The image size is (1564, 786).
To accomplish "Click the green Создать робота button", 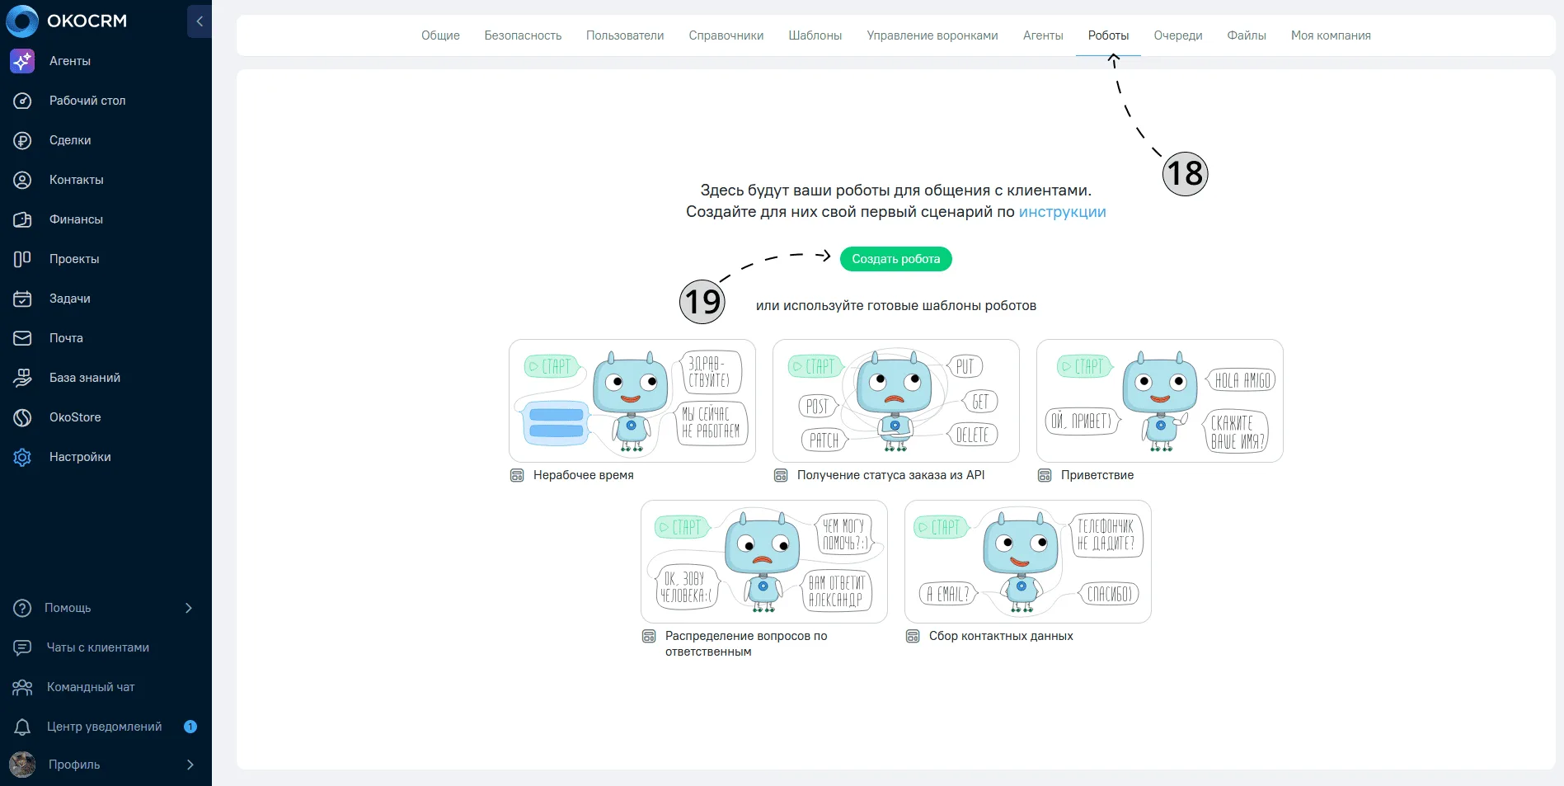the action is tap(895, 259).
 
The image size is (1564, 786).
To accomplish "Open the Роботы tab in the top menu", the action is tap(1108, 35).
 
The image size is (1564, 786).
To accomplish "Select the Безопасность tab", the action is tap(523, 35).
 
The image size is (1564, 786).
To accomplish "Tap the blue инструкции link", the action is tap(1062, 212).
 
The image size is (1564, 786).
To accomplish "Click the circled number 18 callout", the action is tap(1185, 173).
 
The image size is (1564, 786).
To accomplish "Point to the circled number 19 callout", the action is tap(702, 301).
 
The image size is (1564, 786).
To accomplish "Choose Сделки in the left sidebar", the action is tap(70, 140).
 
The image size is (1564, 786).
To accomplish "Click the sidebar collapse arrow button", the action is tap(200, 21).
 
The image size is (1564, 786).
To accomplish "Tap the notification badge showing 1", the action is tap(190, 727).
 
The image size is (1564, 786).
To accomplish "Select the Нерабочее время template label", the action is tap(583, 475).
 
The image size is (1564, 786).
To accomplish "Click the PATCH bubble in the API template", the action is tap(823, 440).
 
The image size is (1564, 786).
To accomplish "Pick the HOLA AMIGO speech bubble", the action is tap(1242, 379).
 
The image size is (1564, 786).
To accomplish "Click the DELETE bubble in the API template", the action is tap(972, 435).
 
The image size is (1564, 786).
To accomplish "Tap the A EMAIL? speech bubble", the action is tap(948, 594).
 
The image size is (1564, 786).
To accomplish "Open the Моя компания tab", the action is tap(1331, 35).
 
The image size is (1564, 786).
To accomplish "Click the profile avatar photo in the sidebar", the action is tap(22, 765).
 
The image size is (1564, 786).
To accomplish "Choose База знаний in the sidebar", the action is tap(85, 378).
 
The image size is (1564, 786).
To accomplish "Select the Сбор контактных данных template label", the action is tap(1001, 636).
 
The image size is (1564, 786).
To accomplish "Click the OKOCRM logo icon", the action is tap(22, 21).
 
